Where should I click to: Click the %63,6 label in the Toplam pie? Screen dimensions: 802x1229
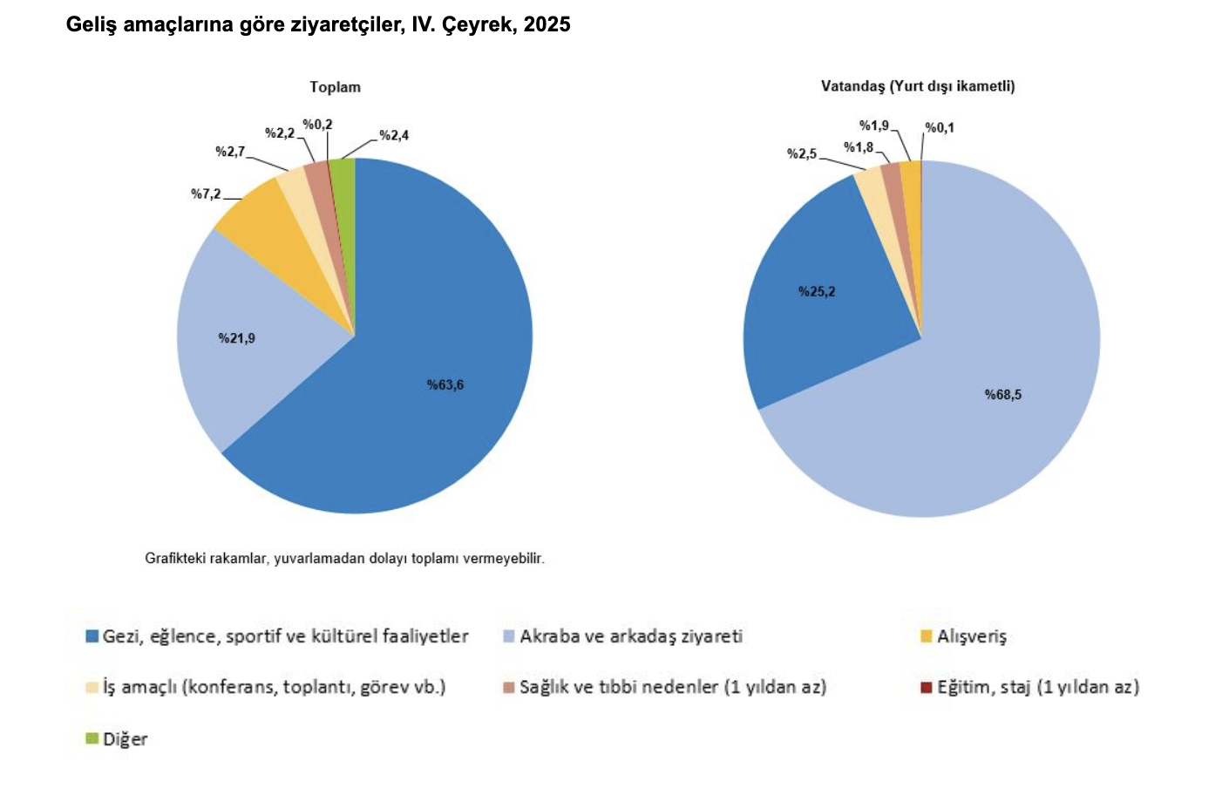pos(445,384)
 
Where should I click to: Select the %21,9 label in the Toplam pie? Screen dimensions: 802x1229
pos(236,338)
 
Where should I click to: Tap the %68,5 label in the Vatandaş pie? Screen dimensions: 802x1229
pos(1002,395)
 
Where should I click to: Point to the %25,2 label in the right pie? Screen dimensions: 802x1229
pos(817,291)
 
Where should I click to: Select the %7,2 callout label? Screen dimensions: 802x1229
pos(206,194)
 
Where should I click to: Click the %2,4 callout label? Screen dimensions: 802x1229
pos(394,135)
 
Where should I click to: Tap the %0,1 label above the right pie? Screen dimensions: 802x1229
pos(939,127)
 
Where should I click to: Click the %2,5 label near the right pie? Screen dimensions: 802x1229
pos(802,153)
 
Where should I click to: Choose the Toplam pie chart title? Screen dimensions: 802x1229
pos(335,87)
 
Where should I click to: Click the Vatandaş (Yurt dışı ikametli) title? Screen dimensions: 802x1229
pos(918,86)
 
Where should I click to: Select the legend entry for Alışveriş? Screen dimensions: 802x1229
pos(971,636)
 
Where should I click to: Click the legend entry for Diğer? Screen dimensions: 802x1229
pos(125,739)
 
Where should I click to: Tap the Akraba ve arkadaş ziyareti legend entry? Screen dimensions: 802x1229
pos(630,636)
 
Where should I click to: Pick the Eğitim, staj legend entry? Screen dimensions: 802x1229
pos(1037,687)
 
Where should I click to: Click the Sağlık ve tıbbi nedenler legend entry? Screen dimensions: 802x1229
pos(672,687)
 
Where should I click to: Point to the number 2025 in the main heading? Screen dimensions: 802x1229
pos(547,24)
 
